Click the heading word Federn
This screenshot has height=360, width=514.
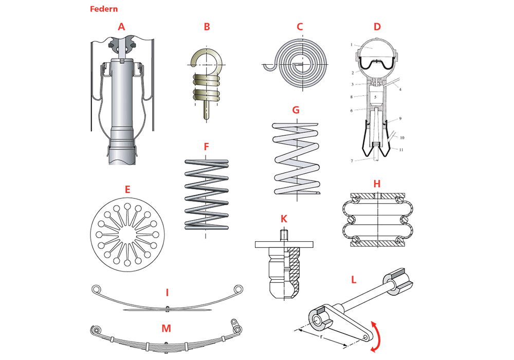click(x=103, y=9)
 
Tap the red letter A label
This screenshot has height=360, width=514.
click(x=121, y=27)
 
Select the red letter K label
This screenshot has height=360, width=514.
click(x=284, y=219)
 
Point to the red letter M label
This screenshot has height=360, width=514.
click(x=166, y=328)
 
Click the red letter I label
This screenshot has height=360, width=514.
click(x=167, y=293)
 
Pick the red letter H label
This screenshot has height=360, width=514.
click(x=377, y=184)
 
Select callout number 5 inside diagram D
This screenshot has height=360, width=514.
click(x=376, y=97)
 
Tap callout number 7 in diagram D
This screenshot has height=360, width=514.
click(x=352, y=161)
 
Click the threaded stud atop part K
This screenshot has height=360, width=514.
click(x=284, y=236)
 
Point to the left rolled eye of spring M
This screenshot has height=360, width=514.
click(x=95, y=329)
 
